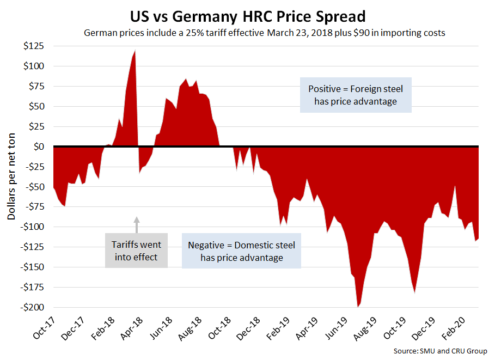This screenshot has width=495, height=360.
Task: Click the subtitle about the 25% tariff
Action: point(264,33)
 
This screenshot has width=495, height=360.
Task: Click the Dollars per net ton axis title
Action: point(12,178)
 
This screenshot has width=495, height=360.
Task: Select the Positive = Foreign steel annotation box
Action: point(355,95)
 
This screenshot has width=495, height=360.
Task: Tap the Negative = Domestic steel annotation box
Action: point(241,251)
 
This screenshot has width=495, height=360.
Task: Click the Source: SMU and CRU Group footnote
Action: point(441,351)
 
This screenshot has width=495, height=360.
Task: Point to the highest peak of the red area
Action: point(135,51)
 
